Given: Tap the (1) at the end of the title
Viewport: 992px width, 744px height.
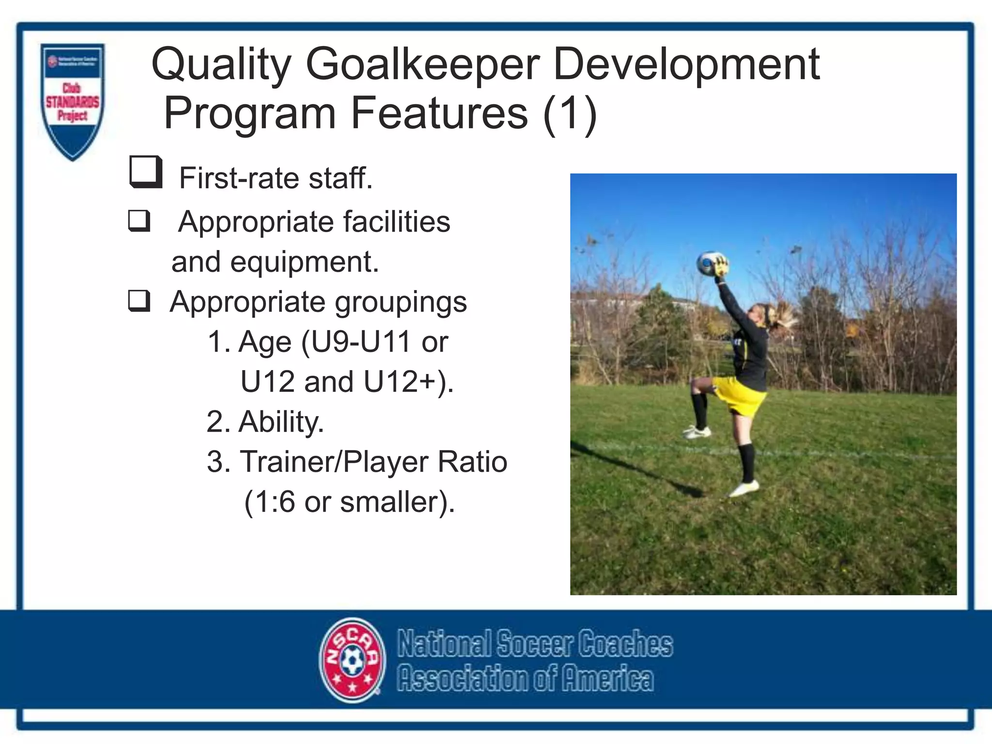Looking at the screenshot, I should [x=570, y=113].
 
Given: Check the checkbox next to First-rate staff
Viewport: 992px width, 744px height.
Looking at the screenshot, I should [x=145, y=172].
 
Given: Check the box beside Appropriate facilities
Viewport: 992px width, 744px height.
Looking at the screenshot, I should [x=139, y=221].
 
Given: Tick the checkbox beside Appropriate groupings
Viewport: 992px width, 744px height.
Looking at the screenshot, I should [x=139, y=301].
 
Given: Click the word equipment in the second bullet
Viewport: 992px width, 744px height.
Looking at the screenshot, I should [x=304, y=262].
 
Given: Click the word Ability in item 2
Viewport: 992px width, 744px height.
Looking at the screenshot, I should [x=281, y=421].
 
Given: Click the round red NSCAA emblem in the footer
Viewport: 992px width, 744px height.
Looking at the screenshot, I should [x=353, y=660].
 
